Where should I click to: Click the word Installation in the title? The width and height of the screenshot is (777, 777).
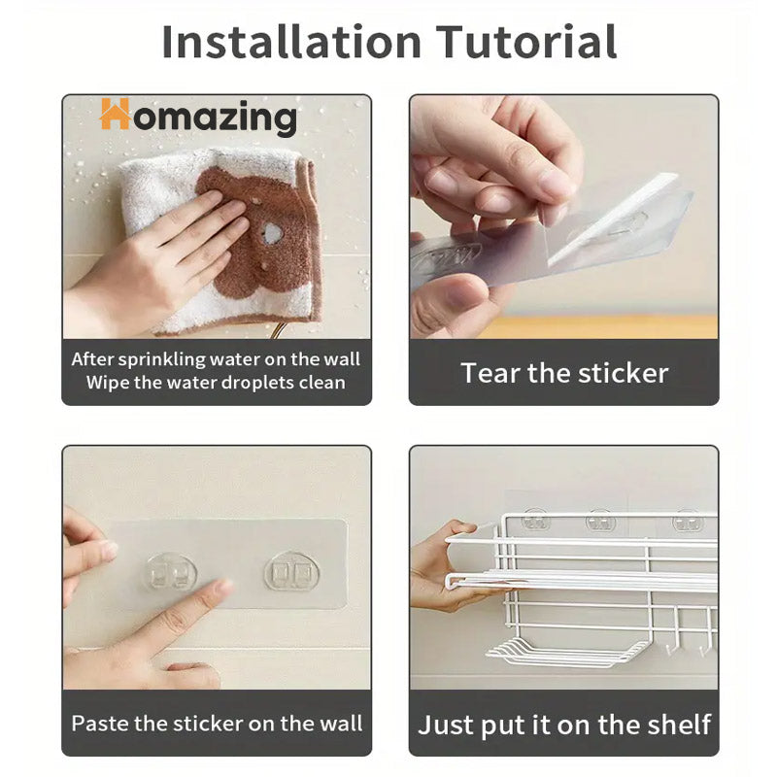coord(291,42)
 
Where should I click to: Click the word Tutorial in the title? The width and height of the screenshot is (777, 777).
coord(526,42)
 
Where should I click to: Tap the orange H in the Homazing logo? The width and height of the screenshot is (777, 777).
coord(115,114)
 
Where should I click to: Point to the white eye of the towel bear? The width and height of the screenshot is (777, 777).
coord(271,232)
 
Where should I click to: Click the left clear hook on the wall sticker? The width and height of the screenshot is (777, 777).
coord(170,573)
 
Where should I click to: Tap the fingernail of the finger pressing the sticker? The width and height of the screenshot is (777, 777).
coord(223,588)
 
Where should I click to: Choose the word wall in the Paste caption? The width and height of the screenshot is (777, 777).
coord(341,724)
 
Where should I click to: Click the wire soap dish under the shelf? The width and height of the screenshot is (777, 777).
coord(567,651)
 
